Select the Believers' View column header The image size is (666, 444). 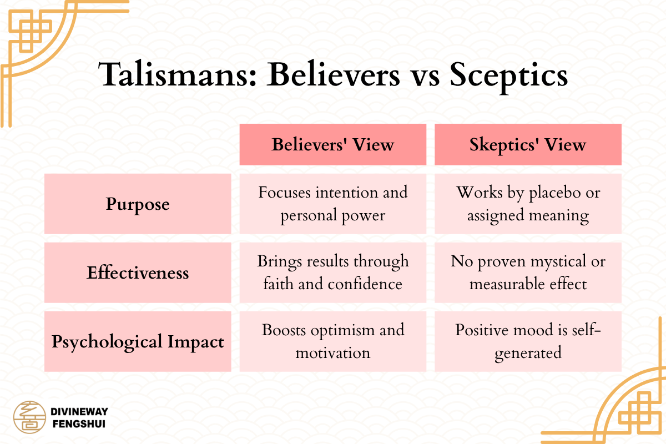click(x=332, y=145)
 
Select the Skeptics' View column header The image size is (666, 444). click(x=528, y=145)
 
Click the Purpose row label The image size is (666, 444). click(x=138, y=204)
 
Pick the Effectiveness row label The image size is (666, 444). click(x=138, y=273)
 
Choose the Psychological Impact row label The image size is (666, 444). click(x=138, y=341)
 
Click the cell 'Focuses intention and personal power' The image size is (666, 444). click(x=332, y=204)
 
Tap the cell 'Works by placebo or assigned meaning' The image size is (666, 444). click(x=528, y=204)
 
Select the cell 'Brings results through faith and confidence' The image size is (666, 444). click(x=332, y=273)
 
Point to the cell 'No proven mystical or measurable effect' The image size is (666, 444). click(x=528, y=273)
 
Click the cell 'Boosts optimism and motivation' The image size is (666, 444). click(x=332, y=341)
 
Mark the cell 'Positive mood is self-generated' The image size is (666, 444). click(x=528, y=341)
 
